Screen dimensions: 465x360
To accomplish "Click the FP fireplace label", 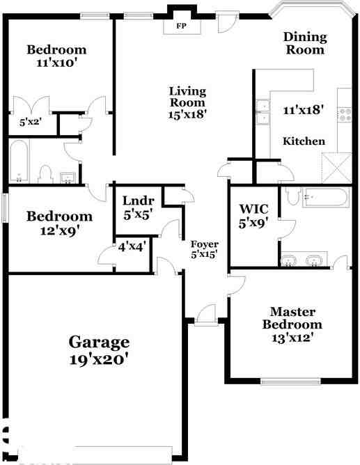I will (182, 26).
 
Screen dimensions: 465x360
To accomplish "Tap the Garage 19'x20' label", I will (99, 351).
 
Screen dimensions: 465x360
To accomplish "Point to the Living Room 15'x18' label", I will (188, 101).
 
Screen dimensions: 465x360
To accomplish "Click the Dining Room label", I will (304, 43).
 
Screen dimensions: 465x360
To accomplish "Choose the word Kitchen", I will (304, 141).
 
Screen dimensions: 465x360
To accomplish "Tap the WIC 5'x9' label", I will (254, 216).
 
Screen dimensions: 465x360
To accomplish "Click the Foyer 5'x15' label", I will (205, 249).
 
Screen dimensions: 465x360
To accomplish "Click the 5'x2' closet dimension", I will (31, 122).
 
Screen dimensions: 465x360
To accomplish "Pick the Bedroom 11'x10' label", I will (56, 56).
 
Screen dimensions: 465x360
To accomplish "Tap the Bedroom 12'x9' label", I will (59, 223).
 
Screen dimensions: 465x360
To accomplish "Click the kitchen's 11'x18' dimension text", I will (304, 109).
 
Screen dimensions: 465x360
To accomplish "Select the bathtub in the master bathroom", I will (324, 198).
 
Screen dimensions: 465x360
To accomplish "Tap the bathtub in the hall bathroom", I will (19, 161).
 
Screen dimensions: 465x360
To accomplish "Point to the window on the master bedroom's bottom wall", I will (290, 381).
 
